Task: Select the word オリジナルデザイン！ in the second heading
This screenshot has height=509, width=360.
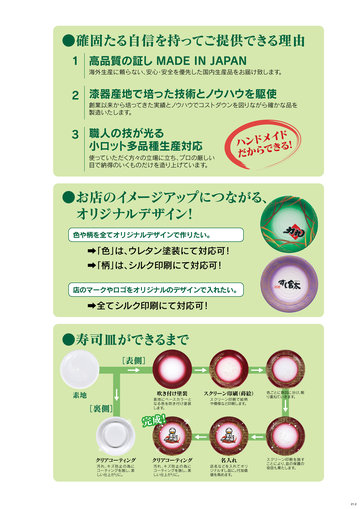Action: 133,213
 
